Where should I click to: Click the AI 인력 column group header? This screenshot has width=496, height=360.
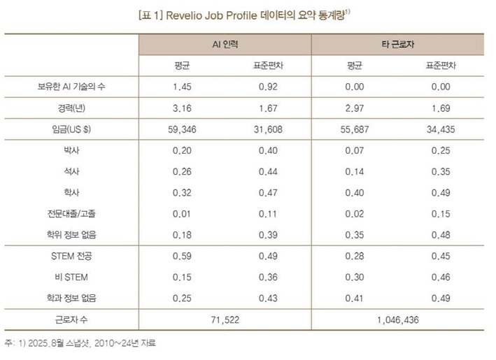[225, 43]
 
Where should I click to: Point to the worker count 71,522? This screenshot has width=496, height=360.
[225, 319]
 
